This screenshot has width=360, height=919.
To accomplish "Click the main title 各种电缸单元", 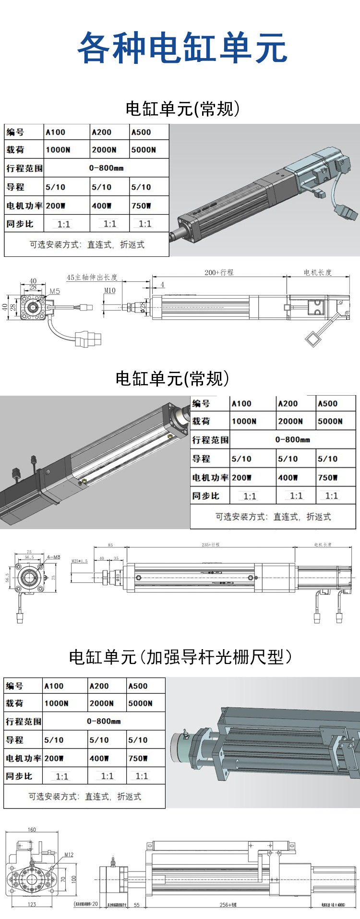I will click(x=182, y=48).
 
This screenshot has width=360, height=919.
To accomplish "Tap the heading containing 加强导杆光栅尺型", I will click(x=180, y=657).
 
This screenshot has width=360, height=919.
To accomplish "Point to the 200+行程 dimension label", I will click(x=219, y=272).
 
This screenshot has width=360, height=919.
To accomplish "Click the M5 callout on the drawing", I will click(x=55, y=291).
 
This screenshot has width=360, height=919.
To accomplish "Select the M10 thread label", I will click(x=110, y=290).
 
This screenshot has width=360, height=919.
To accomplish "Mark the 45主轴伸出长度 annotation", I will click(x=92, y=278).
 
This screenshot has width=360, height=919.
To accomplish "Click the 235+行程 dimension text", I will click(x=211, y=545).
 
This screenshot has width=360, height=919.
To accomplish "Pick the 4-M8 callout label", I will click(x=53, y=557).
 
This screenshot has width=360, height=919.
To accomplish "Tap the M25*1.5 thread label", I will click(x=80, y=561).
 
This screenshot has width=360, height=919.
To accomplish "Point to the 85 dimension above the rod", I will click(x=110, y=545).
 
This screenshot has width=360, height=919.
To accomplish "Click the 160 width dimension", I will click(x=32, y=830).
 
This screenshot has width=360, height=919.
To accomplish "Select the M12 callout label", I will click(x=69, y=855).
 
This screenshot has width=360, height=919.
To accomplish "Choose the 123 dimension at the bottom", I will click(x=32, y=904).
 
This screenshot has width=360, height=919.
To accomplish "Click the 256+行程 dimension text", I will click(x=228, y=905).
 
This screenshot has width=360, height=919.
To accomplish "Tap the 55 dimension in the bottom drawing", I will click(x=137, y=905).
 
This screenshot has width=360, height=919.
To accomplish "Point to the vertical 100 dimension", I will click(x=73, y=878).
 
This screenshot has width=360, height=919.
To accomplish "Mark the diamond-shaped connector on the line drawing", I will click(x=313, y=339).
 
